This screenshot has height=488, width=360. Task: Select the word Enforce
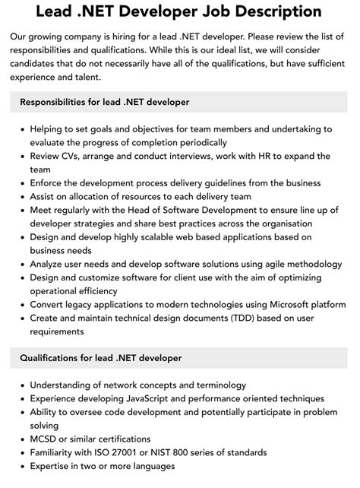[50, 183]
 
